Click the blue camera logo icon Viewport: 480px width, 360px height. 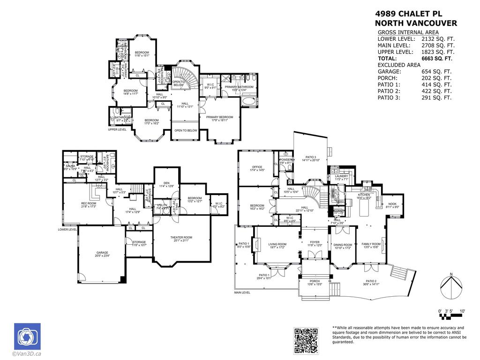click(x=27, y=336)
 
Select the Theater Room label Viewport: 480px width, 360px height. click(x=181, y=238)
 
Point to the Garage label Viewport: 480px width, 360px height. click(x=102, y=253)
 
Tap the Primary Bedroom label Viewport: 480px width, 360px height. click(x=219, y=117)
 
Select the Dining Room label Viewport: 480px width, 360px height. click(x=342, y=245)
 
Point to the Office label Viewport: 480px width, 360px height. click(x=257, y=167)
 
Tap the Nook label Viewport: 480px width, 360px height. click(x=392, y=204)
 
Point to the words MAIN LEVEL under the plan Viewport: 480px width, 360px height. click(x=242, y=292)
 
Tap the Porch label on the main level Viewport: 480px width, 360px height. click(x=315, y=281)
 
